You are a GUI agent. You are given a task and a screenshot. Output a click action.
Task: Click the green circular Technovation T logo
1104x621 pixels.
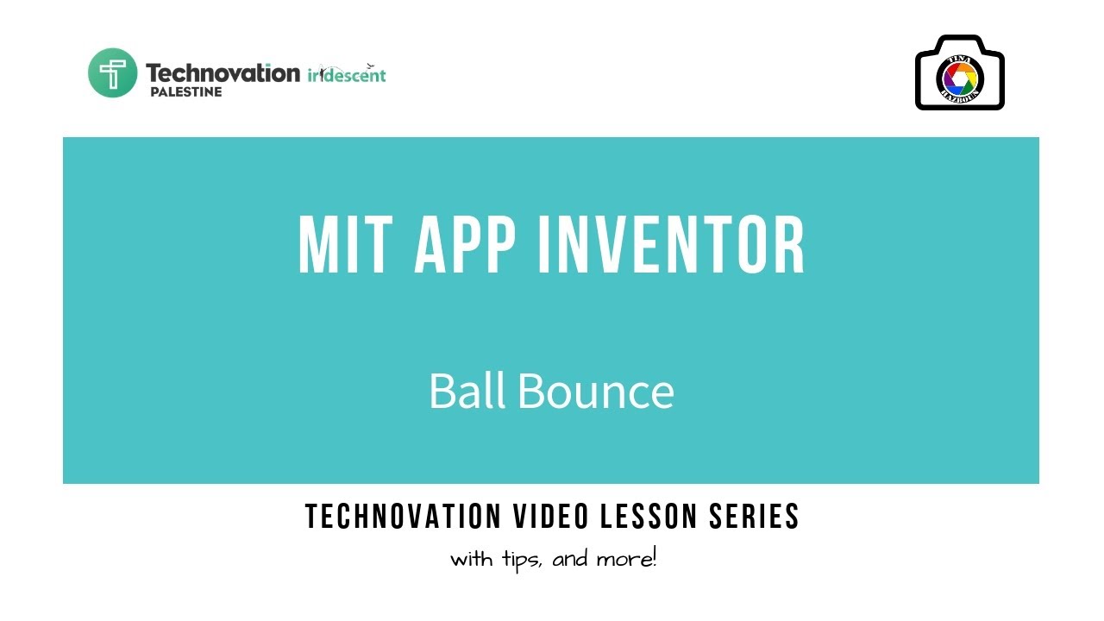(113, 72)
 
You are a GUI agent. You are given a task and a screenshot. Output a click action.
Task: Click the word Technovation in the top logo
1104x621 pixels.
(223, 72)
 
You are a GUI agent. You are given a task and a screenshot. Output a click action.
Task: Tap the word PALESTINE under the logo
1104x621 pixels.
(185, 91)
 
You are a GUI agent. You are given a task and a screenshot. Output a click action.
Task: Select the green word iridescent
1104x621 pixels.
(347, 75)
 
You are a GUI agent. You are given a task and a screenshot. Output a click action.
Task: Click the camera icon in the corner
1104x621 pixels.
(959, 72)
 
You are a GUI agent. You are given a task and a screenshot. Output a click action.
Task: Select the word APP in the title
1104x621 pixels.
(467, 245)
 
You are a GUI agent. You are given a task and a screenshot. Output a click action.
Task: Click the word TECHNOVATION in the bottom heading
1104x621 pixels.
(403, 517)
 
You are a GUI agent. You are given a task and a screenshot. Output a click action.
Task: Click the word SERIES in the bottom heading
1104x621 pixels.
(755, 517)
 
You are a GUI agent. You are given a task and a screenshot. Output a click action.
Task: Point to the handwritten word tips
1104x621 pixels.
(522, 559)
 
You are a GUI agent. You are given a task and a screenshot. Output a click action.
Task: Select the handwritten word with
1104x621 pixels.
(473, 559)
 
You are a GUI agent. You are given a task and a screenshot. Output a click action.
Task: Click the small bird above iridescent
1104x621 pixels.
(372, 65)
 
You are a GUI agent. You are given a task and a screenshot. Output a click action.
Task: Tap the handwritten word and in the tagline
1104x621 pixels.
(570, 559)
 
